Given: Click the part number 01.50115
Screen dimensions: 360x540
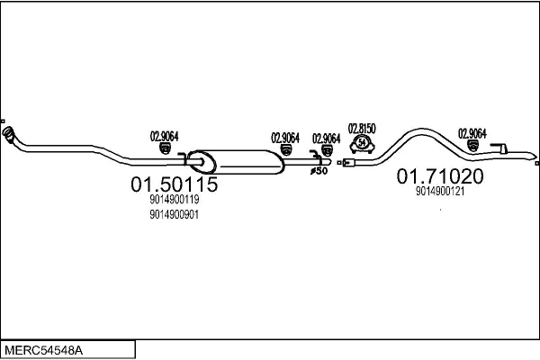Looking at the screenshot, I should pos(175,185).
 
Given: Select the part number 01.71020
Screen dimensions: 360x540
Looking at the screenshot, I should pos(441,176).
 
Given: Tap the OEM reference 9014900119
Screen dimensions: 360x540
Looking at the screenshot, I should pos(175,201).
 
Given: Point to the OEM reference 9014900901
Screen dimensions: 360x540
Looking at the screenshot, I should pos(175,214).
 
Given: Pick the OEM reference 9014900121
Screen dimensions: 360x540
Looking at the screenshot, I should pos(440,191).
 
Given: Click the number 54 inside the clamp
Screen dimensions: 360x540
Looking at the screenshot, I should pos(362,143).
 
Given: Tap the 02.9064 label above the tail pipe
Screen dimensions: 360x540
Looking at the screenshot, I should pos(472,132).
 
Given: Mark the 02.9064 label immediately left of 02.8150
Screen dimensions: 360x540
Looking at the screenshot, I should pos(327,138).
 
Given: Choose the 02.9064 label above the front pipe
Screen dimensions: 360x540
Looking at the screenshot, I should pos(164,136).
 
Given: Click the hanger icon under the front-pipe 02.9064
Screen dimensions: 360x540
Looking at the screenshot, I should pos(164,148).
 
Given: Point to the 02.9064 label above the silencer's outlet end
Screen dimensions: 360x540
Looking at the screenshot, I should pos(285,138).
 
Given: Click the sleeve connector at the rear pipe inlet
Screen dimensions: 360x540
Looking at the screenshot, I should pos(347,163).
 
